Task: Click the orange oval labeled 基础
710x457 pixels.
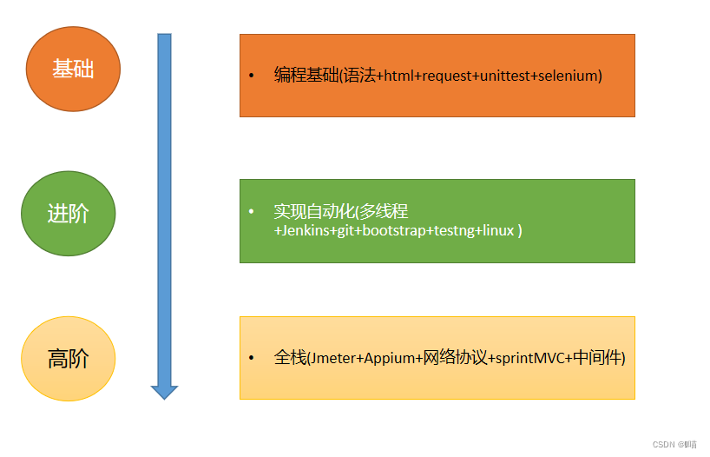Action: (73, 70)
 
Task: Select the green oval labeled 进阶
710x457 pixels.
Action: (68, 213)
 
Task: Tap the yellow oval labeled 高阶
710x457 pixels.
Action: (68, 358)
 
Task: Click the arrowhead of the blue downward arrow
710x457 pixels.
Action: (164, 392)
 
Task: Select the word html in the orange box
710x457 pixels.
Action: (397, 76)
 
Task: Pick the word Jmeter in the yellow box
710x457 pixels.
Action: (333, 357)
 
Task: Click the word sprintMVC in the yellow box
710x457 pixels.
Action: (529, 357)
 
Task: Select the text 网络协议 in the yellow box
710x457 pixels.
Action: (455, 357)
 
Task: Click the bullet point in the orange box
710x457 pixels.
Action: (252, 76)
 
